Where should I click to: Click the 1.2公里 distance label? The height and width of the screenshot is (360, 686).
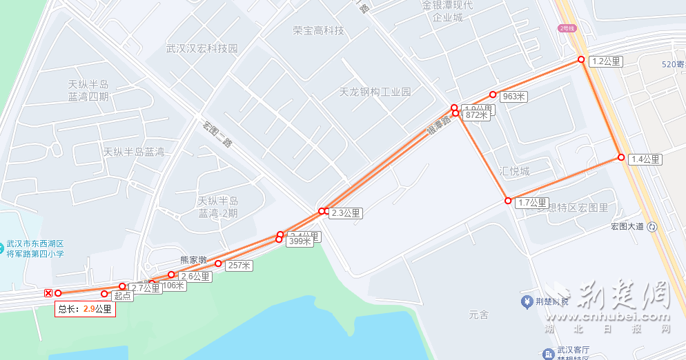click(x=607, y=61)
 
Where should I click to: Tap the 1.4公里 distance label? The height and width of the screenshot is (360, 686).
click(x=646, y=159)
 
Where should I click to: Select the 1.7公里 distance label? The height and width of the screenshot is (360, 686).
click(x=532, y=203)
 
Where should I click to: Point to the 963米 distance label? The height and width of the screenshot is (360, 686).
click(x=514, y=97)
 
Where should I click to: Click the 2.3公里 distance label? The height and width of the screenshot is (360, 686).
click(x=346, y=213)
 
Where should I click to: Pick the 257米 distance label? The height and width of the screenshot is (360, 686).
click(x=239, y=266)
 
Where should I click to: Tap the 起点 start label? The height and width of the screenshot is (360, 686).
click(x=123, y=296)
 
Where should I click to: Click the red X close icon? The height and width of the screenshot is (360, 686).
click(x=48, y=293)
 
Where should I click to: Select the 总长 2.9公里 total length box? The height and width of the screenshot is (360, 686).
click(x=85, y=309)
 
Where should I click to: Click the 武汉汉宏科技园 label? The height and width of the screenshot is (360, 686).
click(x=202, y=49)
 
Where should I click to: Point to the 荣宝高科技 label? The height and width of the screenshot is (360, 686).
click(x=318, y=31)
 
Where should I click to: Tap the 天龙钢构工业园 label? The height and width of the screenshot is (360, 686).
click(x=375, y=92)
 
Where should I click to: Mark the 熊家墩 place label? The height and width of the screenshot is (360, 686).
click(x=193, y=260)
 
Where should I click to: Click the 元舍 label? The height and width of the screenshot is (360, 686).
click(x=478, y=315)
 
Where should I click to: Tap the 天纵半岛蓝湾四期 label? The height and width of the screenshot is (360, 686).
click(x=88, y=90)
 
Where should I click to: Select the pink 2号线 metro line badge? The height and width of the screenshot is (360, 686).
click(x=567, y=28)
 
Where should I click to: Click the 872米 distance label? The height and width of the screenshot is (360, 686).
click(x=477, y=115)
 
